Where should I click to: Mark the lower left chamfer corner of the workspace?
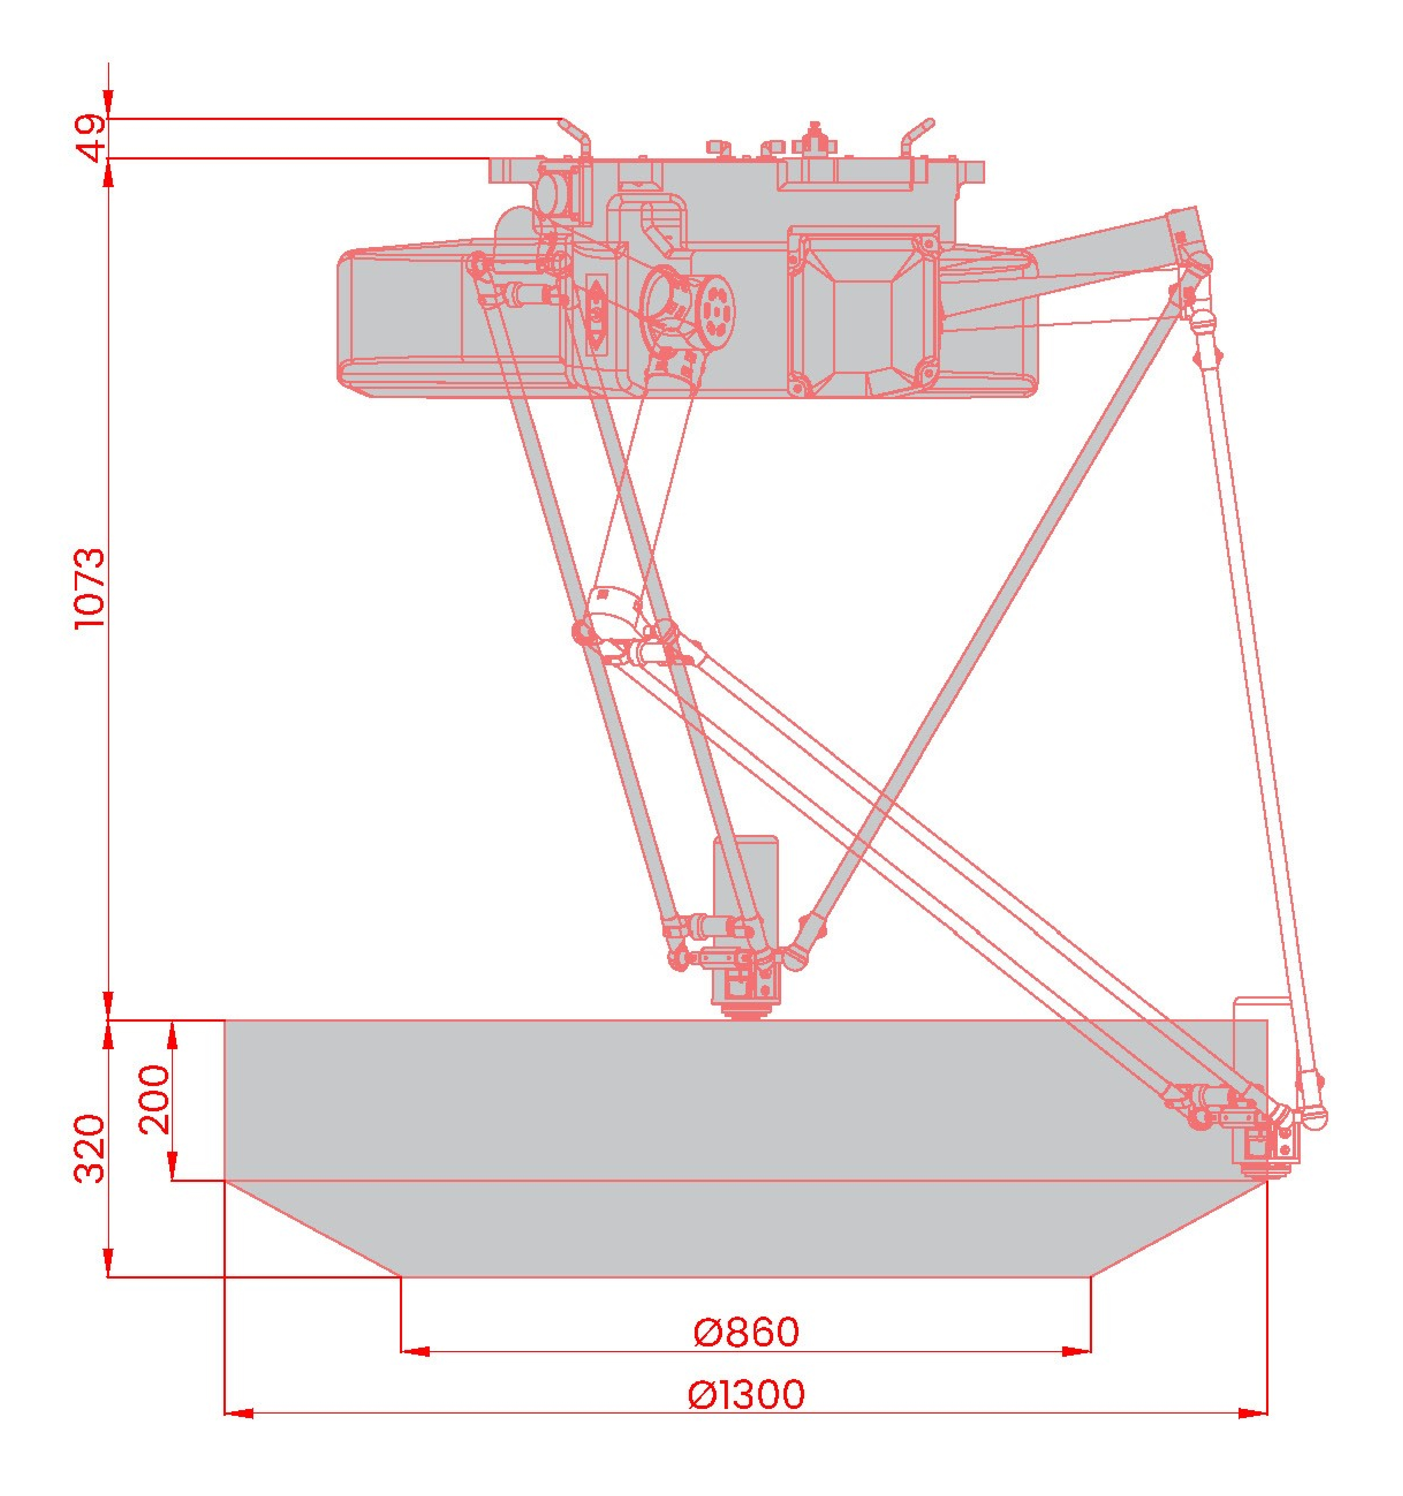(x=400, y=1277)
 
